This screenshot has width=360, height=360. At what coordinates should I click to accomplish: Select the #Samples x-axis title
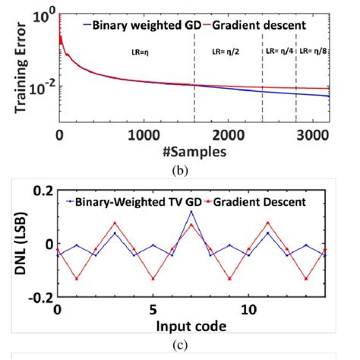pyautogui.click(x=192, y=151)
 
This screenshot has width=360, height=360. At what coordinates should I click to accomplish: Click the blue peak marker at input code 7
pyautogui.click(x=191, y=212)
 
